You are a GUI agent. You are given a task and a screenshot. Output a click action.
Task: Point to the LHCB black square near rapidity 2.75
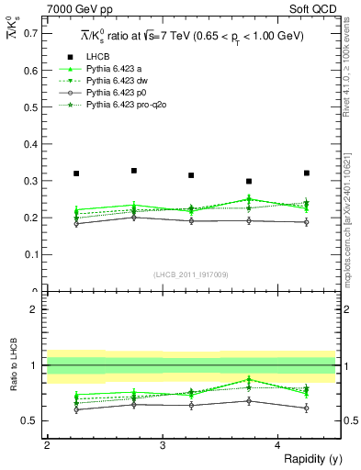pos(134,171)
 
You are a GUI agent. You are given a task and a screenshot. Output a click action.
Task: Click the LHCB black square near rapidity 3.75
pos(249,181)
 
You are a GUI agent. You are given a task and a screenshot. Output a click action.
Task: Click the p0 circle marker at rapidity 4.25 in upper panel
pos(307,222)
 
